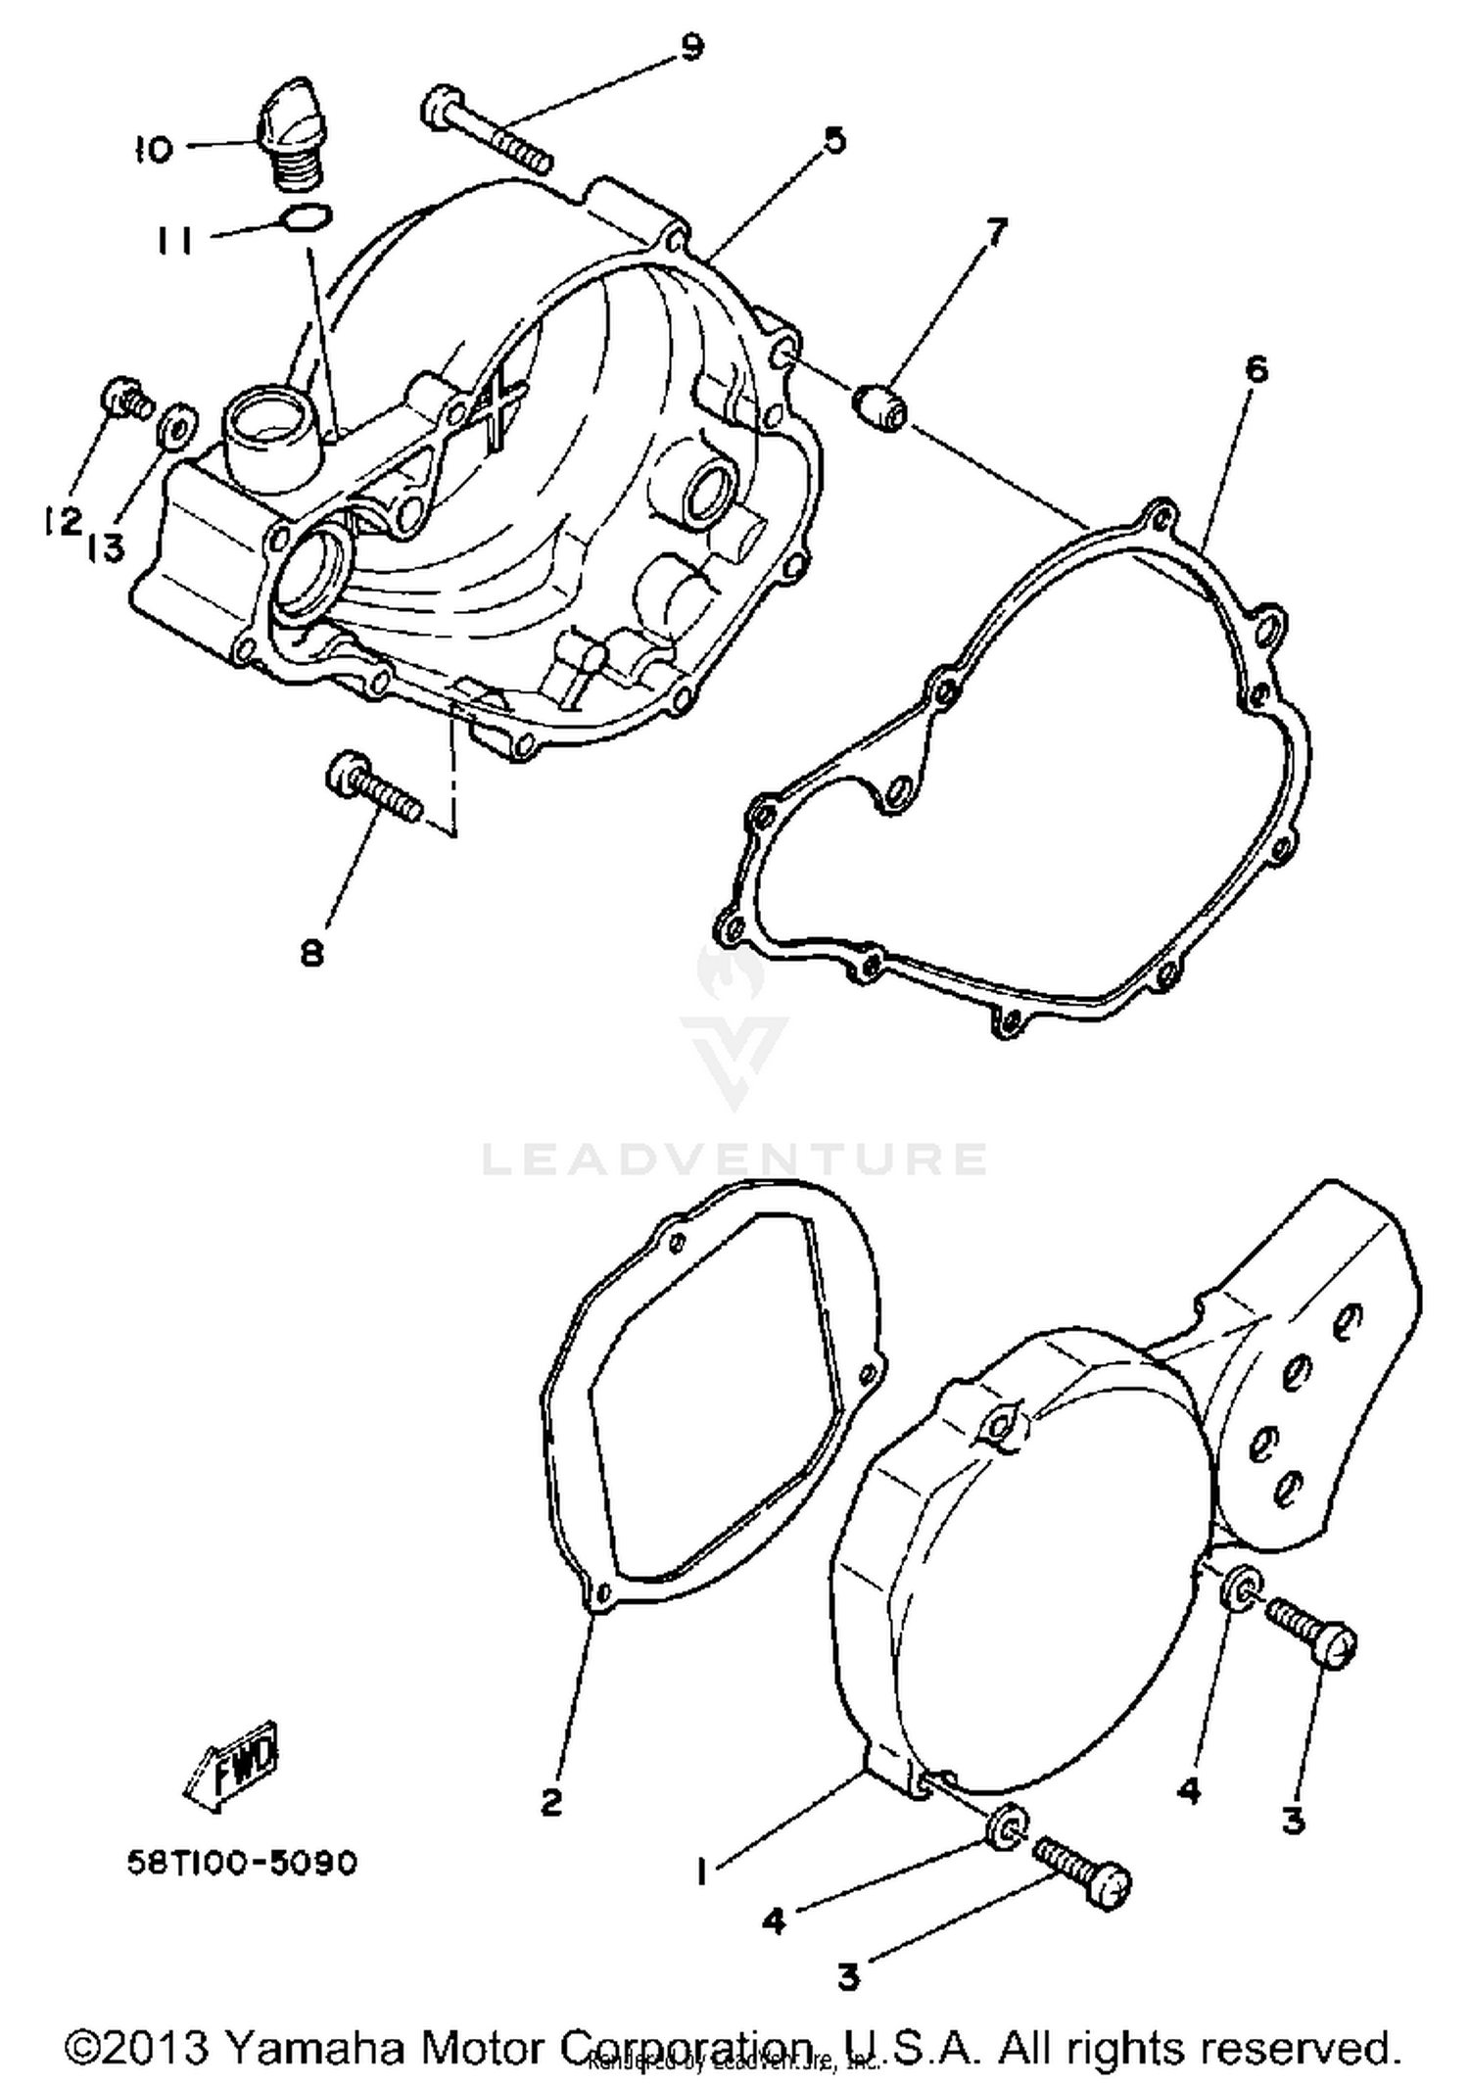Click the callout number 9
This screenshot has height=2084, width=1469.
coord(691,47)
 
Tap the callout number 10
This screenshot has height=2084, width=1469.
coord(154,149)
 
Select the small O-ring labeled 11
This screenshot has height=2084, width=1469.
coord(306,216)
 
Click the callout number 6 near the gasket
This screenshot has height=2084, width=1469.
coord(1256,369)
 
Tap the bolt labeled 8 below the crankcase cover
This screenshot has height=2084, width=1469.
coord(375,789)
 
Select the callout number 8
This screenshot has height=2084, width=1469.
coord(311,951)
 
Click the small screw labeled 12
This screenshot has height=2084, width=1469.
coord(126,398)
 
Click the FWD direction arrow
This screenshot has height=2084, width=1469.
coord(231,1759)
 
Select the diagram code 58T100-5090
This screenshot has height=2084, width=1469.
coord(242,1863)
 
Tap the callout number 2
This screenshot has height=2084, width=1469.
coord(551,1801)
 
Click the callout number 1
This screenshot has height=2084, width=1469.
coord(701,1872)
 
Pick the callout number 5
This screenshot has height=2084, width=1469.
coord(833,140)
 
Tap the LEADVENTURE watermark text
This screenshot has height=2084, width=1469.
coord(734,1159)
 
